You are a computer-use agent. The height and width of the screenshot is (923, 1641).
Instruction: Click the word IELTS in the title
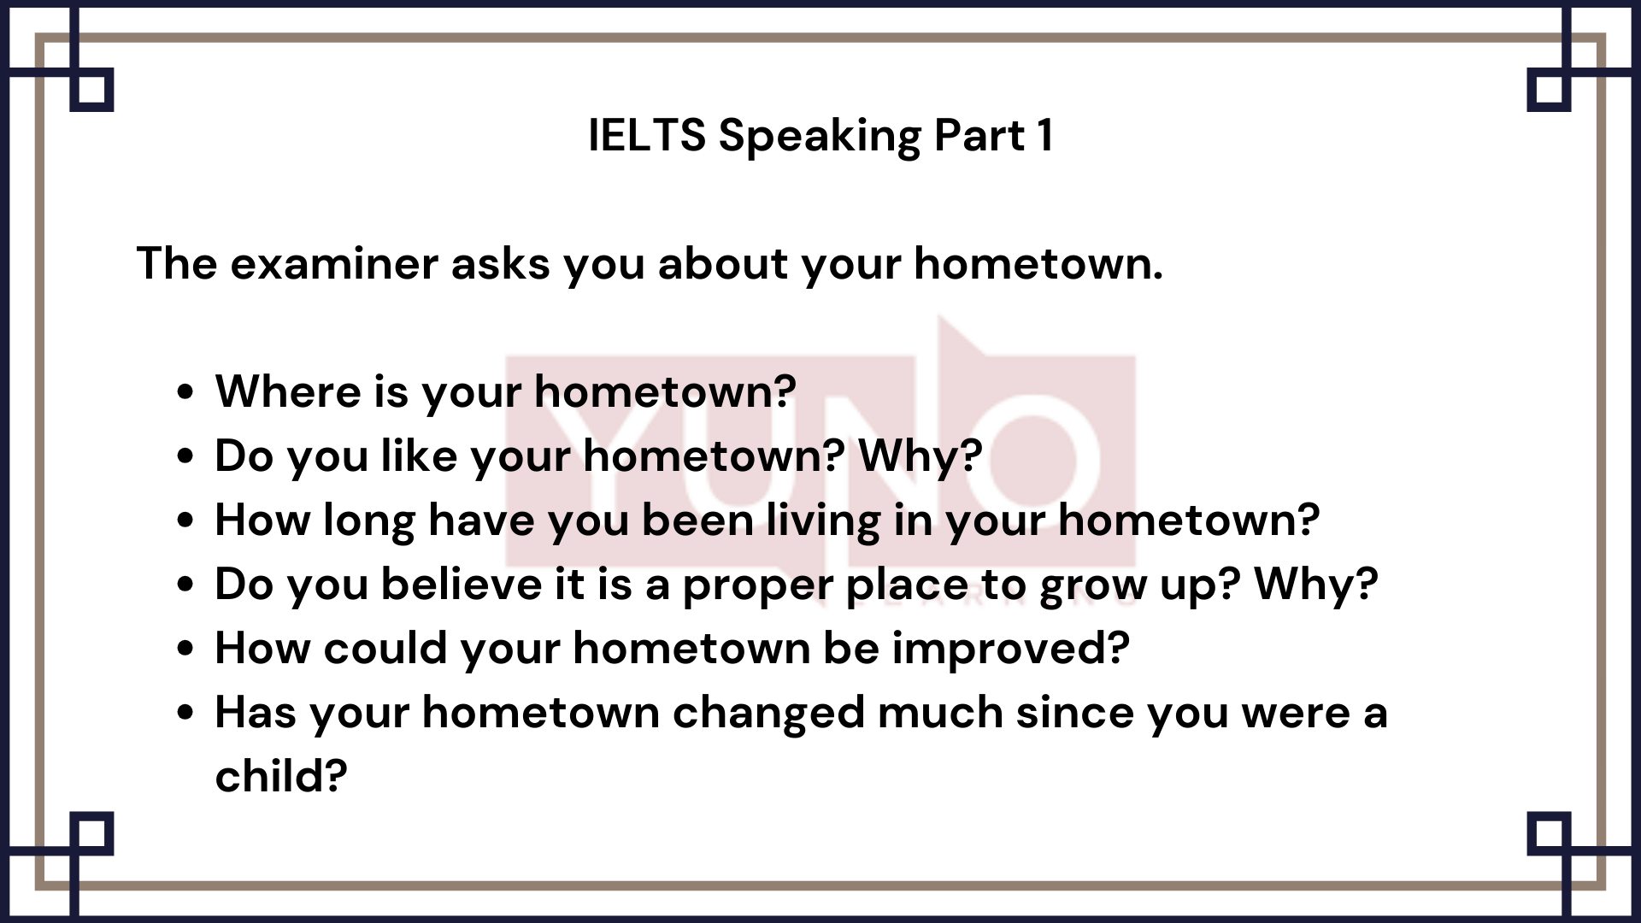(x=647, y=136)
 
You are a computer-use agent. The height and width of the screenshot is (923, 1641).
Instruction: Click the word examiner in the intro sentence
(x=334, y=263)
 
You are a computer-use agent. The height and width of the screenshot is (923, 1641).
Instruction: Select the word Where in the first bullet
(x=288, y=391)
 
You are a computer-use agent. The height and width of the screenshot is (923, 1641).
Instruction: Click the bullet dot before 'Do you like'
(x=185, y=456)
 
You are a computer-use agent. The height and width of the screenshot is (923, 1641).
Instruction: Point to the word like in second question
(x=418, y=456)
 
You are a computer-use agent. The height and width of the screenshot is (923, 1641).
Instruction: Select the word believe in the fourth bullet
(x=462, y=585)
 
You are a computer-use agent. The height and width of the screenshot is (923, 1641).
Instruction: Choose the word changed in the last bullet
(x=768, y=714)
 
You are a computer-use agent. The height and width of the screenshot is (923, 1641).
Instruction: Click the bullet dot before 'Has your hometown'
(x=185, y=714)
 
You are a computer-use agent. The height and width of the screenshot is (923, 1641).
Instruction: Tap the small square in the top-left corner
(x=91, y=90)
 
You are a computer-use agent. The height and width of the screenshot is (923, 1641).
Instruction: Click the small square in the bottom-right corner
(x=1549, y=833)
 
